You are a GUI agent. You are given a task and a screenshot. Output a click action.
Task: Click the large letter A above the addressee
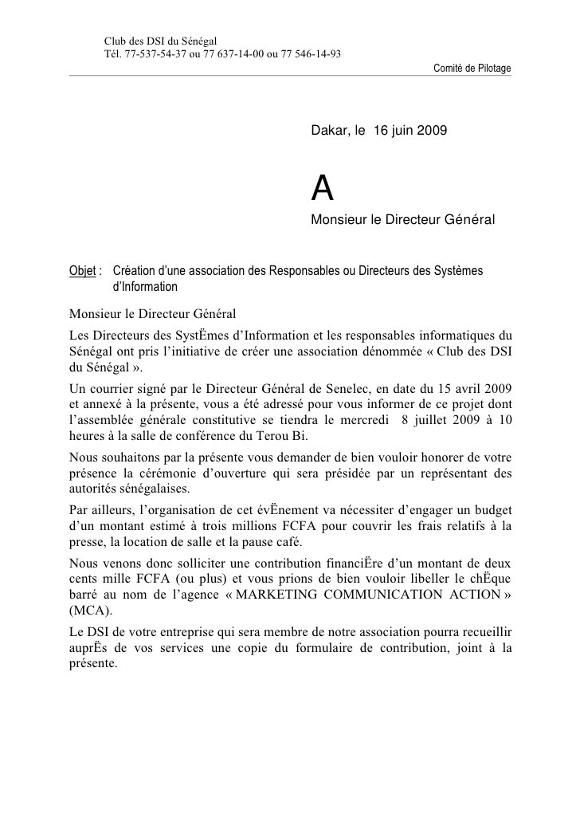[x=322, y=188]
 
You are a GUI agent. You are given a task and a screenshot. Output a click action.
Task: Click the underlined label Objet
[x=84, y=270]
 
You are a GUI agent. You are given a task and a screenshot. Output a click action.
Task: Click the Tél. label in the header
[x=114, y=54]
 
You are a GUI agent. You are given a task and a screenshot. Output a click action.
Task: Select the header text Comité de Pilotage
[x=472, y=69]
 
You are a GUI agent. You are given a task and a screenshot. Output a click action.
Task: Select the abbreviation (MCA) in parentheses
[x=88, y=612]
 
